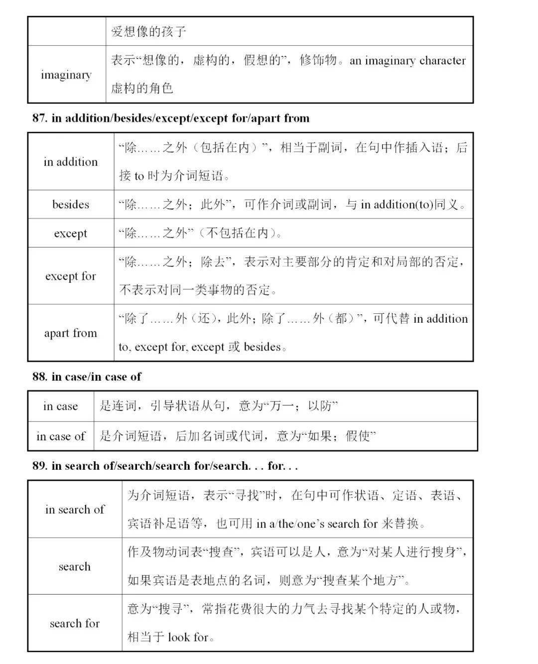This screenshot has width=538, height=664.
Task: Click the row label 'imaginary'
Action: (66, 75)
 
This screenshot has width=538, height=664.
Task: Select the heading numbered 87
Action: (171, 118)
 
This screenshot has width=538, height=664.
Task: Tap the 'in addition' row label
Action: (71, 161)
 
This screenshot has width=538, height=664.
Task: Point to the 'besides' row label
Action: (71, 204)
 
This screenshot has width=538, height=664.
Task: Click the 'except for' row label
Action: (71, 276)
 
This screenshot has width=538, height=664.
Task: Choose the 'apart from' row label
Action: (71, 333)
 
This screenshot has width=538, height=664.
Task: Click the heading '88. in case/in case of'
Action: (87, 377)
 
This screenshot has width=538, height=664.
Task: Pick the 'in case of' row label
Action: (61, 436)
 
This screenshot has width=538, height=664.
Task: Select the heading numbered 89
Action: (165, 466)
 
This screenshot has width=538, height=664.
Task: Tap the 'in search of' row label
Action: (75, 509)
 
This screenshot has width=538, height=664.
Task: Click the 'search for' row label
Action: (75, 623)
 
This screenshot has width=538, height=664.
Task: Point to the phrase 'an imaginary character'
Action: (407, 61)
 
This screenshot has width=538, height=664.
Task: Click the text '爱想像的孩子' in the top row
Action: (149, 32)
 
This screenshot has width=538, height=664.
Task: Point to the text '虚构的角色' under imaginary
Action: (142, 89)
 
